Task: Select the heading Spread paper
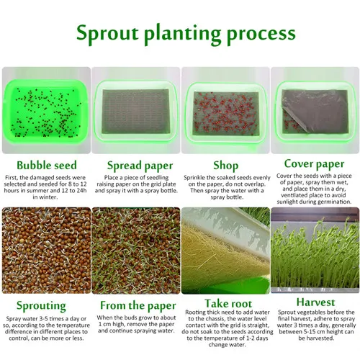click(133, 164)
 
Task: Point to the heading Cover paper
click(314, 163)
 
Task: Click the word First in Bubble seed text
click(12, 177)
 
